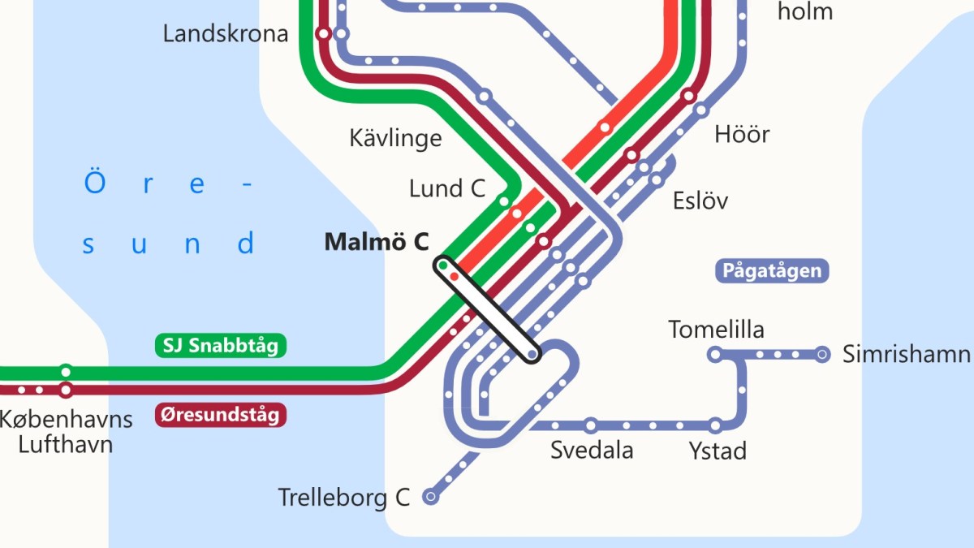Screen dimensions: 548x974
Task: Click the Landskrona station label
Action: pos(225,34)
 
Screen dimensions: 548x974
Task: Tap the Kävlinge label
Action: pos(395,137)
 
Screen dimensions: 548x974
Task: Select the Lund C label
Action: pos(447,189)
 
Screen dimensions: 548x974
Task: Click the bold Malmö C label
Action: pos(377,242)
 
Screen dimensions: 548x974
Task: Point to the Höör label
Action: pos(742,134)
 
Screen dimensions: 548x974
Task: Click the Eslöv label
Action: pos(700,201)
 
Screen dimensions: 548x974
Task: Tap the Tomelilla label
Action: pos(716,330)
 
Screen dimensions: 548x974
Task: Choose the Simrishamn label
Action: pos(906,354)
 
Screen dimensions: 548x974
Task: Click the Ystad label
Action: pos(718,451)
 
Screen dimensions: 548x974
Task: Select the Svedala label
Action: pos(592,451)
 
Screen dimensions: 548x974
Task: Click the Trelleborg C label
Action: pos(344,497)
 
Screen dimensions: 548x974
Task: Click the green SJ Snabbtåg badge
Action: pos(221,346)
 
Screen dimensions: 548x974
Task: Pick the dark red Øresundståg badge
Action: pos(221,416)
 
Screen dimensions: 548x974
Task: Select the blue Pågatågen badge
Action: pos(772,271)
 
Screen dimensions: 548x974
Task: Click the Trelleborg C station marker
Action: pos(431,497)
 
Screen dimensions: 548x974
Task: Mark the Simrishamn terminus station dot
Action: pos(822,354)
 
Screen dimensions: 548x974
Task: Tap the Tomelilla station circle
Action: pos(715,354)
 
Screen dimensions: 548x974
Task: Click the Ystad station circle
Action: pos(715,425)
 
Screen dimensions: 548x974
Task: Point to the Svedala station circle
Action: pos(591,425)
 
